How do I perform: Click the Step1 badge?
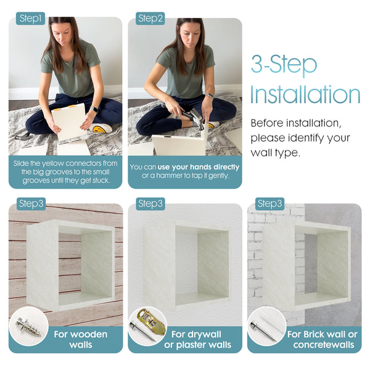point(30,18)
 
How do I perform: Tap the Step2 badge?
point(150,18)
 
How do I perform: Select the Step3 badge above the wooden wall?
point(31,203)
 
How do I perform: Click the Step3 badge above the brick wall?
point(269,203)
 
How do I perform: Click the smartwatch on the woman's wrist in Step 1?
point(94,110)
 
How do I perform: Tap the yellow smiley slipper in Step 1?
point(101,128)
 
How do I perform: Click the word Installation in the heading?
point(305,94)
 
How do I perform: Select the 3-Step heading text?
point(284,64)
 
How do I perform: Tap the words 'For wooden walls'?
point(80,339)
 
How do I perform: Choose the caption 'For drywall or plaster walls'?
point(197,339)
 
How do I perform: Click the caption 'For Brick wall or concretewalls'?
point(323,339)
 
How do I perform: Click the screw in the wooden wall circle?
point(28,327)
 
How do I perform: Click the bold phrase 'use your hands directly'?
point(199,167)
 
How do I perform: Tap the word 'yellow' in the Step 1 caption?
point(52,163)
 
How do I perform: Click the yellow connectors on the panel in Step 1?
point(64,108)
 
